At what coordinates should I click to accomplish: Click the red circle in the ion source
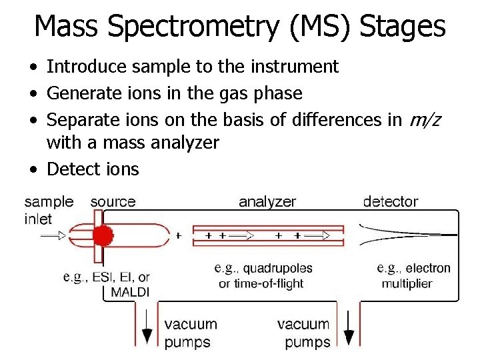pos(102,235)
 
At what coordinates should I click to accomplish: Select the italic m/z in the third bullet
pos(425,120)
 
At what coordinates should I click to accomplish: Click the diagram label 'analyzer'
pos(267,201)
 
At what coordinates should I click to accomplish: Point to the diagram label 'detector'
pos(390,201)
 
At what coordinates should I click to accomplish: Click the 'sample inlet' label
pos(49,210)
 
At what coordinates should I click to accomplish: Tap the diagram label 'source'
pos(113,201)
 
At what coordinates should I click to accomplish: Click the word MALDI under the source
pos(131,292)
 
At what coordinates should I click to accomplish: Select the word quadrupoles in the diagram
pos(278,268)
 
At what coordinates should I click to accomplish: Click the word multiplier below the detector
pos(407,283)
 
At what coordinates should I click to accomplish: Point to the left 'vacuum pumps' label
pos(191,333)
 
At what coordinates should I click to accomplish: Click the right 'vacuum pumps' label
pos(303,333)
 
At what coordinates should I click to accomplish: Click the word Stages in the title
pos(402,27)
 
